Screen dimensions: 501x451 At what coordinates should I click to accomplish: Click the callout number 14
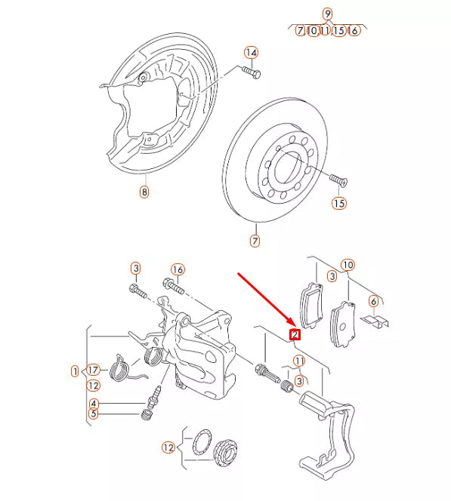252,53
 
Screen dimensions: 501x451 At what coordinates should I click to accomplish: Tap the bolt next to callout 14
252,73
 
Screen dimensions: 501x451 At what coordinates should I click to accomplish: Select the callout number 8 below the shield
144,192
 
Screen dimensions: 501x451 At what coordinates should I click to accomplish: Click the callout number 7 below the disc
255,241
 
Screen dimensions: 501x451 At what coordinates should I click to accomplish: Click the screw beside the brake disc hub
337,180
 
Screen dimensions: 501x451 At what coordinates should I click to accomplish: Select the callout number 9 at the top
327,14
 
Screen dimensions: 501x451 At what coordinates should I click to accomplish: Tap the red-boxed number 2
295,333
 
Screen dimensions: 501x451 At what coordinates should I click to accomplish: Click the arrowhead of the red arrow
292,323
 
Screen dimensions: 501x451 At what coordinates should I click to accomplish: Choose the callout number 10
347,265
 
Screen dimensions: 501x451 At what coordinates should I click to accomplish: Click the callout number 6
372,301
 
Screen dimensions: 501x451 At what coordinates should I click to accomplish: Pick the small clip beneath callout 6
374,321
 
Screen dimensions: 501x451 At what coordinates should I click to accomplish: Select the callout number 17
93,370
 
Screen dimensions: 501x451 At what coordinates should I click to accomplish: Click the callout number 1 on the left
75,370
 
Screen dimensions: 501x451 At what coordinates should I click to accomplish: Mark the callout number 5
93,413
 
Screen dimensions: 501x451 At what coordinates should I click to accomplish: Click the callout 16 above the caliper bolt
178,269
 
